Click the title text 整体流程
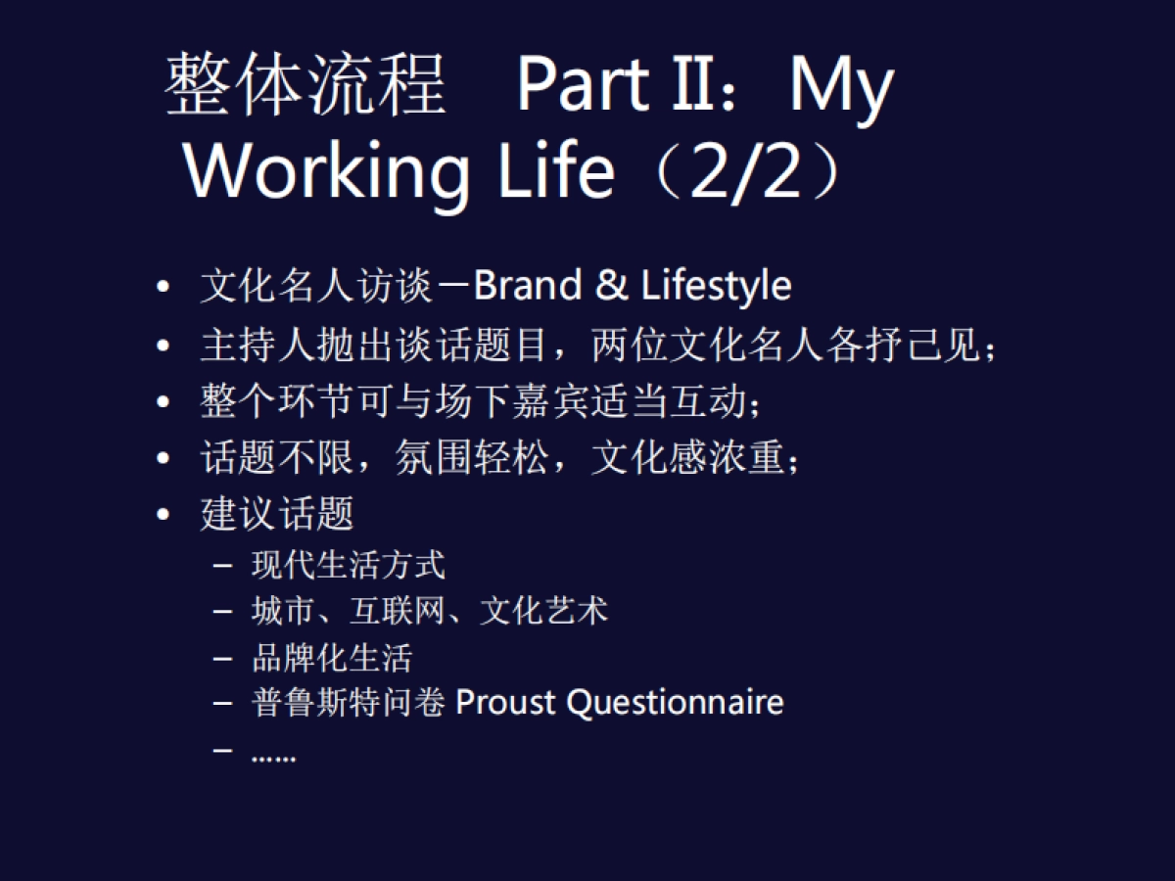[305, 86]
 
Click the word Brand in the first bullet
[528, 286]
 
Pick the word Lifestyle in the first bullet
[717, 286]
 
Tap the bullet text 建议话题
[277, 514]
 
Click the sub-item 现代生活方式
[349, 565]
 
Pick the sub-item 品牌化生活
[332, 657]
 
